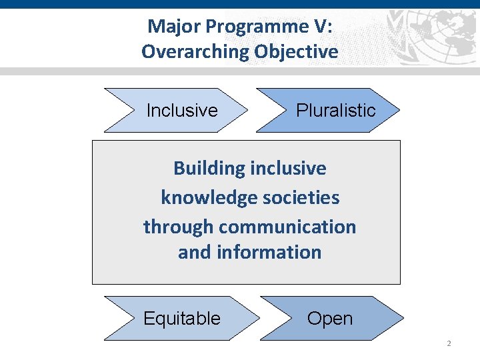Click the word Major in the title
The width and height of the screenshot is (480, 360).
pos(169,26)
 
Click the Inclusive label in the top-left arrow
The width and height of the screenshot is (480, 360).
pos(181,111)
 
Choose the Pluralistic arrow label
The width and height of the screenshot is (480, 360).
pos(335,111)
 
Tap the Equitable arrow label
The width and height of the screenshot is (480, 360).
pos(181,319)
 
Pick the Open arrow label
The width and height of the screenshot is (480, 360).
pos(329,319)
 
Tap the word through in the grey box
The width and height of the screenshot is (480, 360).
pos(178,227)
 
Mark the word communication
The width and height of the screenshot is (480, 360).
pos(287,227)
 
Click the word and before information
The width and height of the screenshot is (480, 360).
pos(194,253)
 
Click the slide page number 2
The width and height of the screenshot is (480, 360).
pos(449,343)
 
